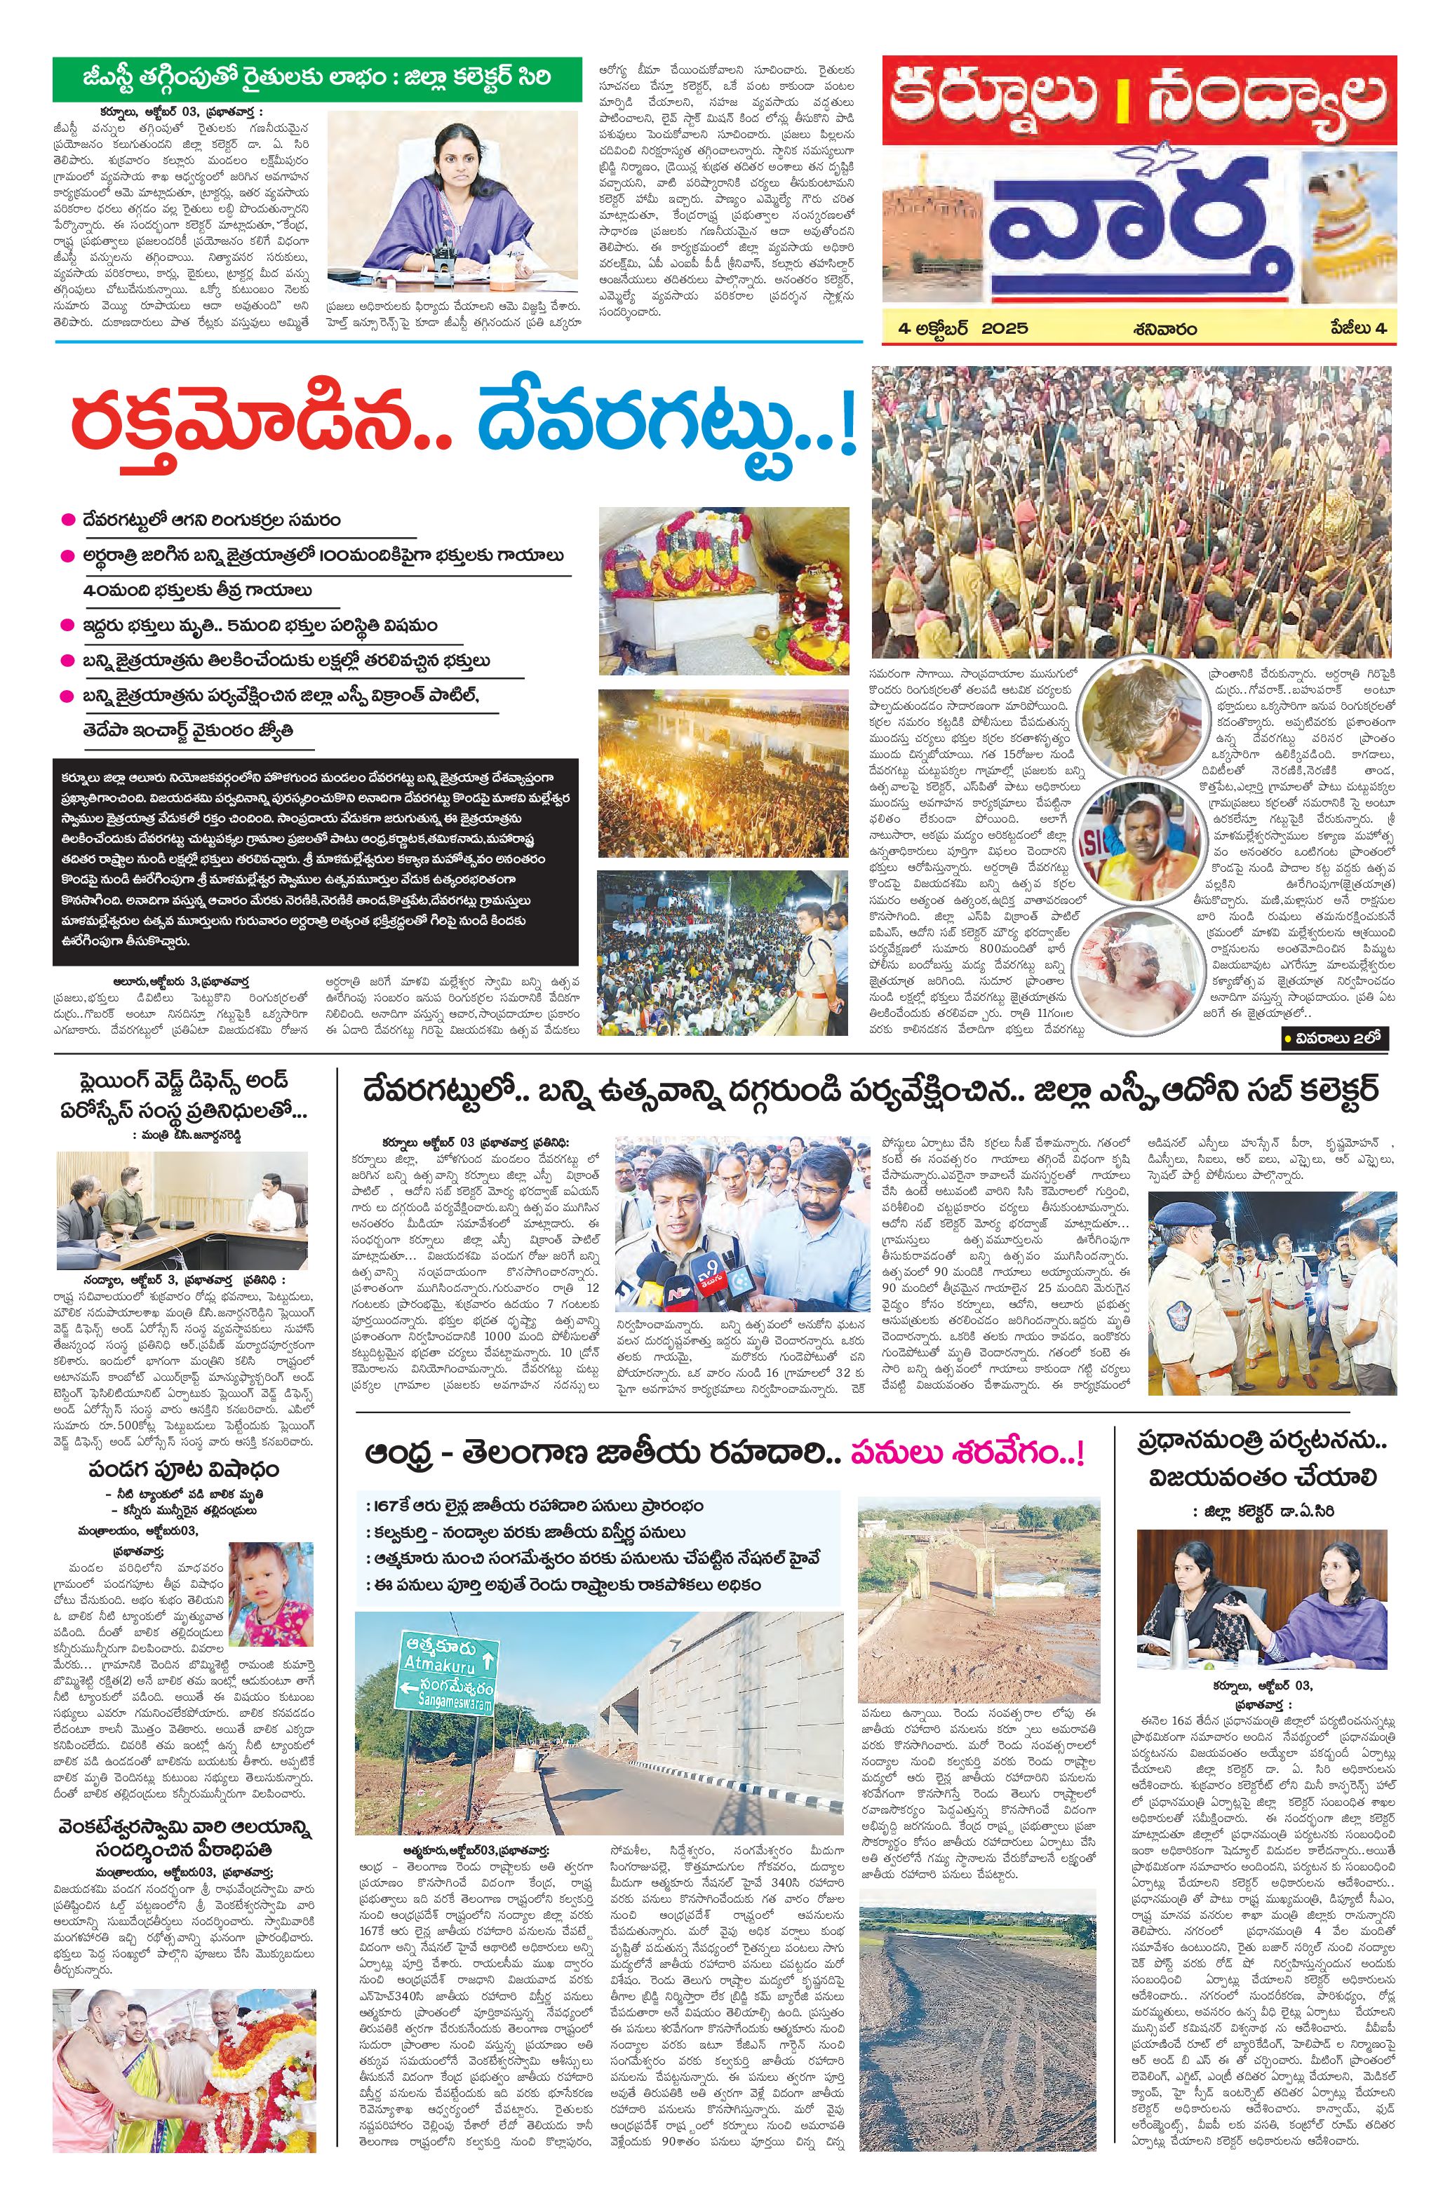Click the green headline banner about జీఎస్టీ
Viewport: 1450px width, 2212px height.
coord(316,78)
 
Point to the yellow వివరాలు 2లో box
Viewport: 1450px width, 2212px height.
coord(1335,1038)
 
